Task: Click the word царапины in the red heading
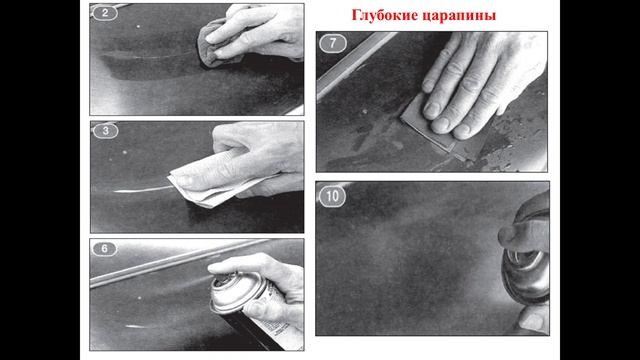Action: (454, 16)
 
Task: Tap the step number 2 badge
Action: (105, 13)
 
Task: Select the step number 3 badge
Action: (106, 131)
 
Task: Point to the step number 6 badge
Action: (105, 249)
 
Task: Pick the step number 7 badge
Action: (333, 44)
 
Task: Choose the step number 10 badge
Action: (332, 196)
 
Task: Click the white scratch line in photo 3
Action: (143, 190)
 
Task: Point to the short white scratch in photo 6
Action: (136, 327)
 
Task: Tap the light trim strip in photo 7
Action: (354, 61)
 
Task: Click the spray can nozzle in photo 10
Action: (527, 257)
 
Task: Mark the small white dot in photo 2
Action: (138, 27)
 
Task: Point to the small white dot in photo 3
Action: (124, 152)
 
